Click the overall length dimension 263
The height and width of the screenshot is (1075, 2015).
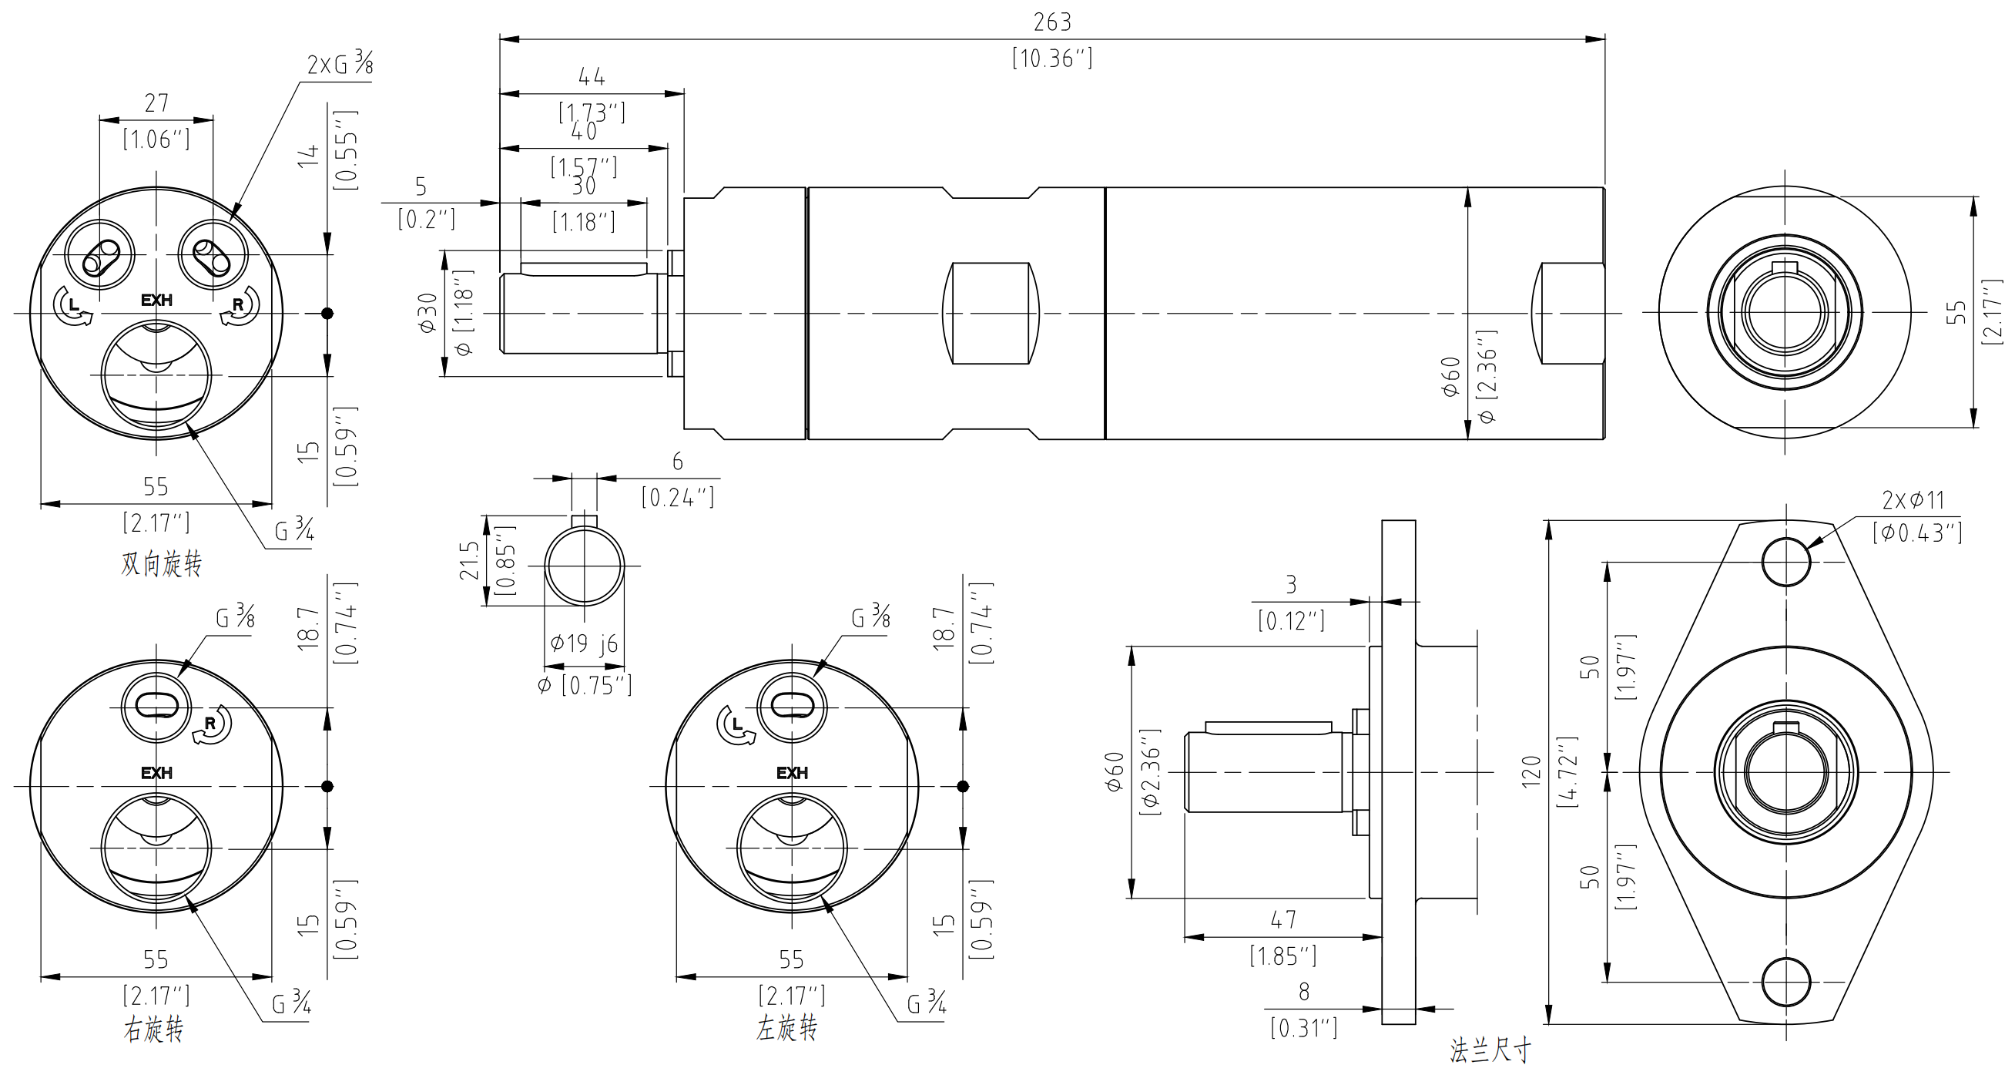point(1051,22)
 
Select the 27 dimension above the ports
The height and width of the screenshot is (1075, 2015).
point(156,102)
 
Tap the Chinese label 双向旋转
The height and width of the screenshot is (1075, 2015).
point(161,563)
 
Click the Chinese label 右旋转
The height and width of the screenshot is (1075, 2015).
point(153,1029)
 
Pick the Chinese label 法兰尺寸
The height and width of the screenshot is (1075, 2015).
point(1490,1050)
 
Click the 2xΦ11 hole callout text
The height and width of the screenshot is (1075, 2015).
point(1913,500)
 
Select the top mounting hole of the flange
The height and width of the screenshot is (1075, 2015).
point(1785,562)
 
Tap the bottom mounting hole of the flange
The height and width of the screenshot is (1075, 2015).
point(1785,982)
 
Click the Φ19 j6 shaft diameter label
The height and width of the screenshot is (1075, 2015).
point(584,643)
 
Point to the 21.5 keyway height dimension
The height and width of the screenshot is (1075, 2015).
point(468,560)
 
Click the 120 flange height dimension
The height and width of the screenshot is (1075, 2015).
point(1531,771)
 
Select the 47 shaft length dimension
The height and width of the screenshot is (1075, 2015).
point(1282,919)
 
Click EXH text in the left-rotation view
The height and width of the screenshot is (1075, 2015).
point(792,773)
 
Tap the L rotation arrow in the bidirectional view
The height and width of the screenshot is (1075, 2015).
point(72,306)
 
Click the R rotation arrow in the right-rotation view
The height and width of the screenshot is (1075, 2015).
point(211,724)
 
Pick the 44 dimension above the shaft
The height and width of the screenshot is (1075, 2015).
point(592,76)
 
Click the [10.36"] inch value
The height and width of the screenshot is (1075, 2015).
point(1051,59)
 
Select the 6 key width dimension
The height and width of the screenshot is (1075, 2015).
point(677,462)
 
